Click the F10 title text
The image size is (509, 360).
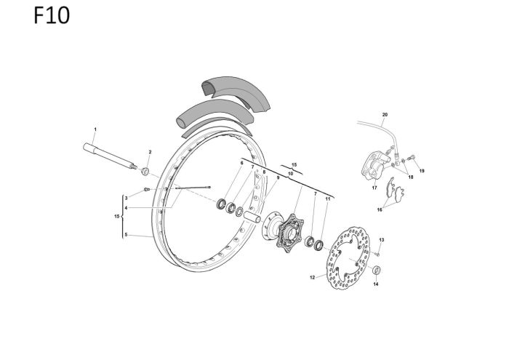(x=52, y=16)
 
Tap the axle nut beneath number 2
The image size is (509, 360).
(x=145, y=171)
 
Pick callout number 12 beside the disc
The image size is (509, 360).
(x=312, y=277)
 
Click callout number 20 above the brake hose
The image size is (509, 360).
(x=385, y=115)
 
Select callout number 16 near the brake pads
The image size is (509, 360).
(x=379, y=209)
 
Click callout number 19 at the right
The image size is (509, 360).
(x=421, y=171)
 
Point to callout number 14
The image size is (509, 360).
(x=376, y=284)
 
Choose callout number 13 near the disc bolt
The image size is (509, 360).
(x=381, y=240)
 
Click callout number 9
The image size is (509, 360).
(x=277, y=178)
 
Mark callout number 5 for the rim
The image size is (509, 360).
(x=126, y=235)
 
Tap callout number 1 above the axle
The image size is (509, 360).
(x=95, y=128)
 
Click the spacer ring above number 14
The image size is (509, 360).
(x=376, y=271)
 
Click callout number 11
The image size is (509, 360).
(x=328, y=198)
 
